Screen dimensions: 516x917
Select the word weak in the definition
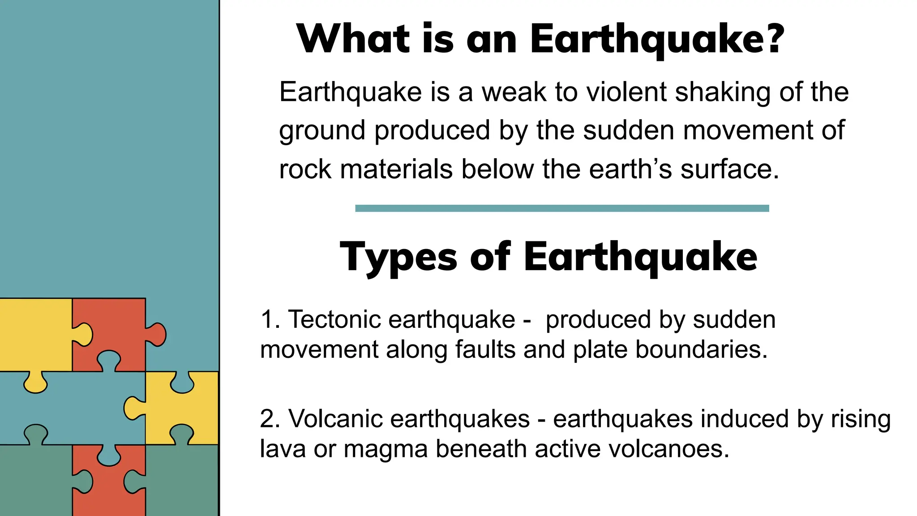[514, 92]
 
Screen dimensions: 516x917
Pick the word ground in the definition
[322, 131]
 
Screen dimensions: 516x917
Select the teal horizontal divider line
[562, 208]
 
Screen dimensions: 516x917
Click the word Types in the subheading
[398, 258]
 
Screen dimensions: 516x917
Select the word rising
[860, 419]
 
